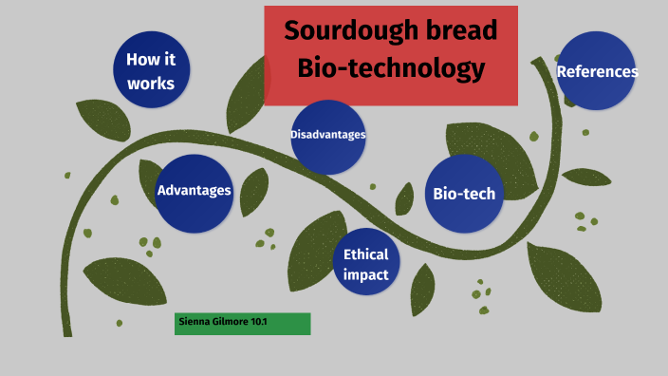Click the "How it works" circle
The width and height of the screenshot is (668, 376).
coord(151,70)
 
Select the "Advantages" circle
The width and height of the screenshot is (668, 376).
coord(194,192)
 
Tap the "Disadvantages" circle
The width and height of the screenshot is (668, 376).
coord(328,135)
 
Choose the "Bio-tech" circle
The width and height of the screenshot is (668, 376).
coord(464,194)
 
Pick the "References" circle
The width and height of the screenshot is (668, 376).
coord(596,71)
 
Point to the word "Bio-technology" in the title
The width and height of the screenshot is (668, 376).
coord(391,68)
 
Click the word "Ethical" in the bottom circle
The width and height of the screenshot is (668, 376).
coord(366,254)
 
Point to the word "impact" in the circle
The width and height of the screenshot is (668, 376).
coord(366,275)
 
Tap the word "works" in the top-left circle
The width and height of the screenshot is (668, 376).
coord(151,83)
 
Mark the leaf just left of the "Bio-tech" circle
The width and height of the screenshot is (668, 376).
coord(405,197)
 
